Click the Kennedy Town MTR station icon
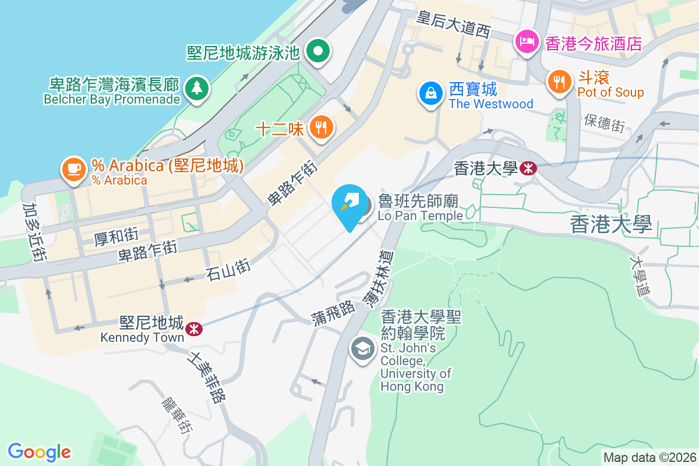point(193,329)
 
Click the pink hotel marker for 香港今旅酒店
point(527,41)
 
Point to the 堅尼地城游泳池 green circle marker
point(318,51)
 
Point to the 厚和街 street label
point(116,236)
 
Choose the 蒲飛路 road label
point(333,312)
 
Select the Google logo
point(39,452)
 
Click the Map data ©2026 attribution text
point(649,457)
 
